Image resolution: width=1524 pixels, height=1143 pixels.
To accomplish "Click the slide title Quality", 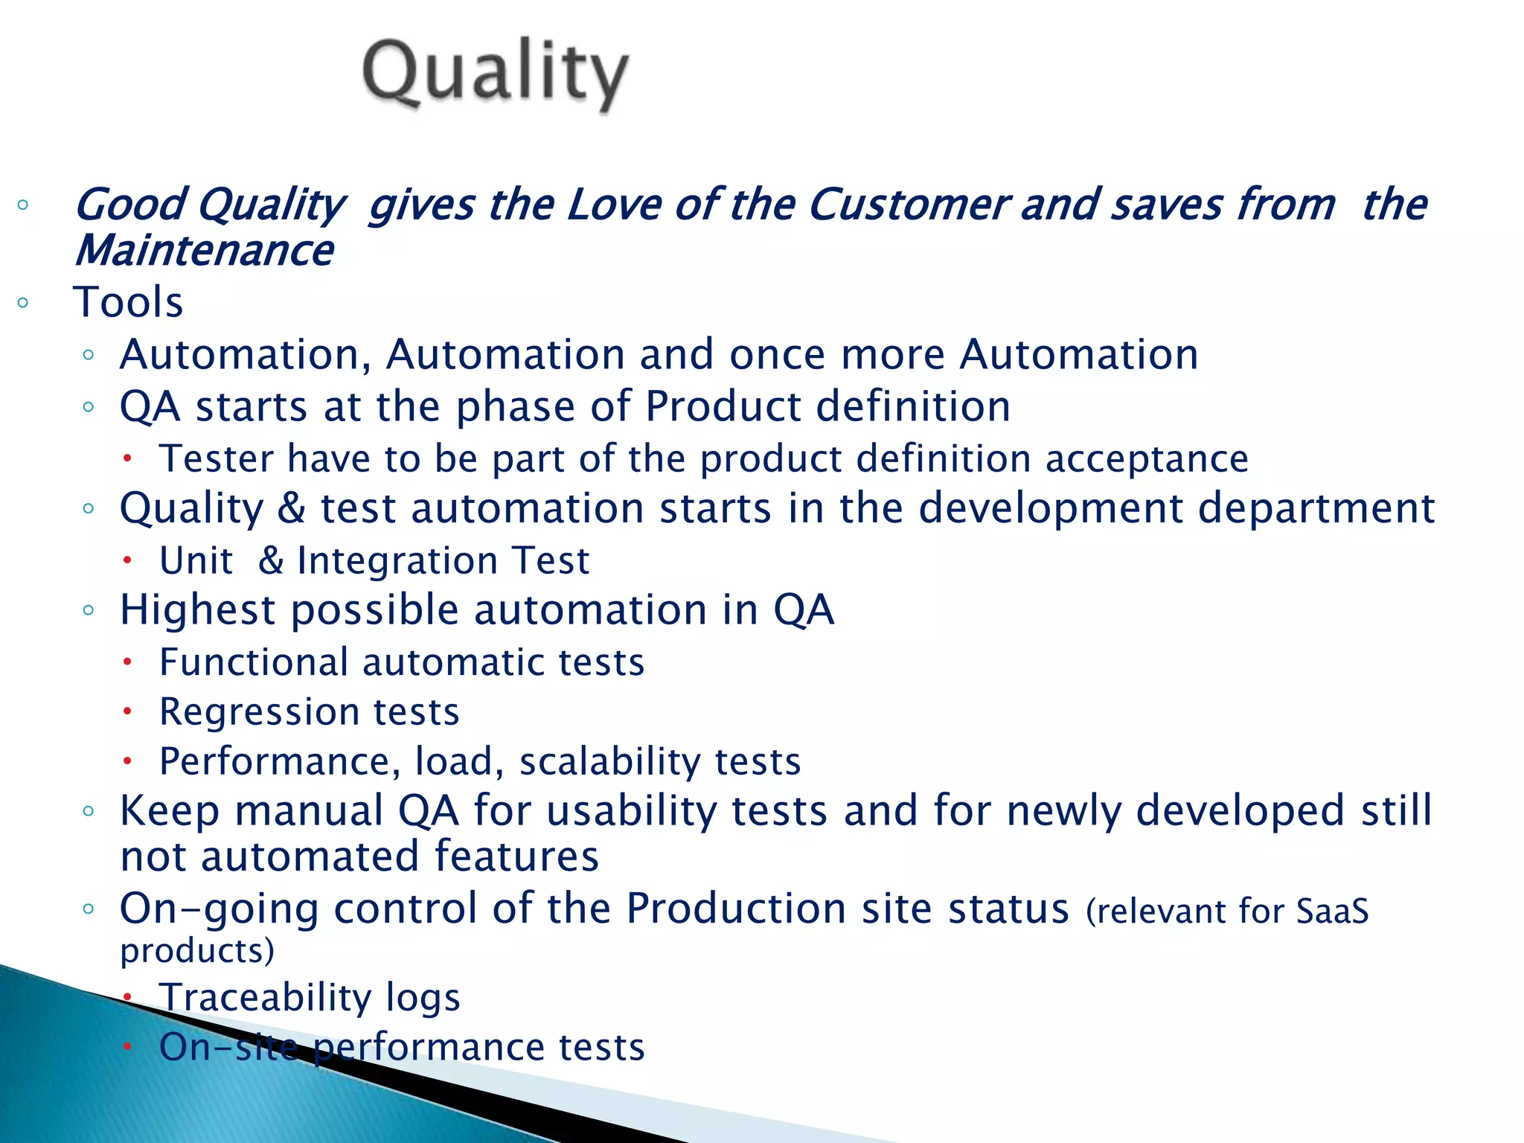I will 495,74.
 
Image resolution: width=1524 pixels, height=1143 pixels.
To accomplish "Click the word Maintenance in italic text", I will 204,251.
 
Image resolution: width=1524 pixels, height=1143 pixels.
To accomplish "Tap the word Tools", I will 128,302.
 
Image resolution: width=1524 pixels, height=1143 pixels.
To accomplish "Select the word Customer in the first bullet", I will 908,205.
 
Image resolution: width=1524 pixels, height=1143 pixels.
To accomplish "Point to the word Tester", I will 217,458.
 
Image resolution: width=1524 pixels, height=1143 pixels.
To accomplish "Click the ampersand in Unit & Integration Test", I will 271,560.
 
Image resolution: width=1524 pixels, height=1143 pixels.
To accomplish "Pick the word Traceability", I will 265,997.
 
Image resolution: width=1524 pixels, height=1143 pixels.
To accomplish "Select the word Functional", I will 253,662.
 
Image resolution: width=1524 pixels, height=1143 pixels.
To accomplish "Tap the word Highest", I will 197,610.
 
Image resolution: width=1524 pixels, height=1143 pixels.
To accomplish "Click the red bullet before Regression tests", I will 127,711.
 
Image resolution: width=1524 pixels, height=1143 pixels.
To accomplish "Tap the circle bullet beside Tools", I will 23,302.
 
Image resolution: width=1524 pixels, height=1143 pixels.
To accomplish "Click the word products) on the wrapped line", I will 197,951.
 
